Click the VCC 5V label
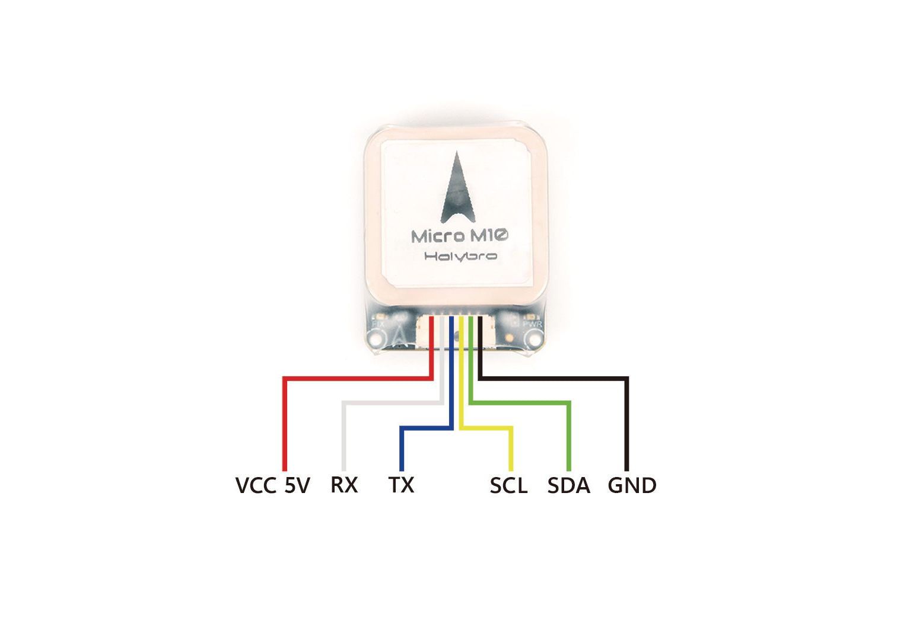[272, 485]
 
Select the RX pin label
[344, 485]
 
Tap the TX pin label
[401, 485]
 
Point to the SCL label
[508, 485]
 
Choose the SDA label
[568, 485]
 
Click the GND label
[632, 485]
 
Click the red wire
[285, 421]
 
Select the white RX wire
[343, 433]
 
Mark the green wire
[569, 433]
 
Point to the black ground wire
[626, 421]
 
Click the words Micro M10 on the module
[460, 236]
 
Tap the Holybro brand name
[460, 256]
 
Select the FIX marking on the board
[378, 324]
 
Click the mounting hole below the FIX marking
[375, 340]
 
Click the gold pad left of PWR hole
[510, 338]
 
